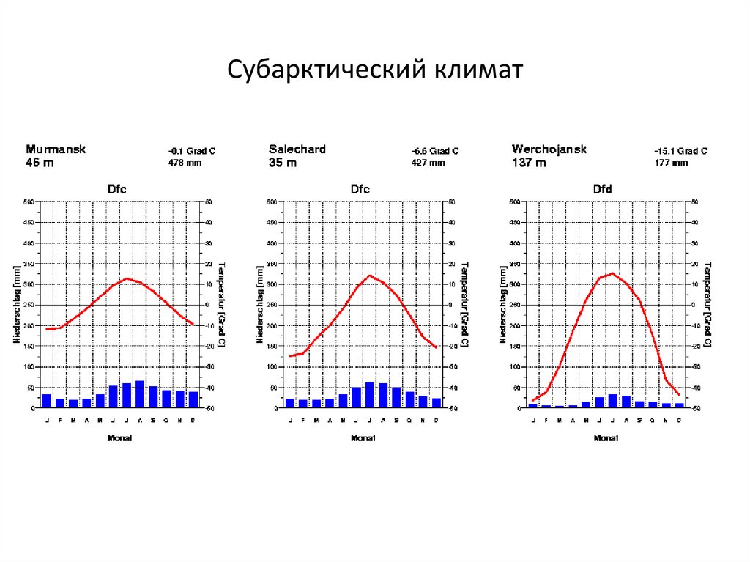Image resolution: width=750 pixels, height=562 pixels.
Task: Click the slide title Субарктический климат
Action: coord(374,70)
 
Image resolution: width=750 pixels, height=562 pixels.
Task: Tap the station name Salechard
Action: coord(297,149)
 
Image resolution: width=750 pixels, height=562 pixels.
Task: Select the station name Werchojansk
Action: coord(549,149)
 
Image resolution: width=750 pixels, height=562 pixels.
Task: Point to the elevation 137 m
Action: coord(529,163)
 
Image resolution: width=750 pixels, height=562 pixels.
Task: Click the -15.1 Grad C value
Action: coord(680,151)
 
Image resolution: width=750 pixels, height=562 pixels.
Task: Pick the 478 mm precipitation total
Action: coord(185,163)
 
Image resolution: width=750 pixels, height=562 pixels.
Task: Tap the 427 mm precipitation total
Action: coord(428,163)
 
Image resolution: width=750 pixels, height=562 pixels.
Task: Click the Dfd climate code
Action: coord(602,189)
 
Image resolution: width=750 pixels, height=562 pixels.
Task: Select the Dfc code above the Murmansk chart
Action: coord(116,189)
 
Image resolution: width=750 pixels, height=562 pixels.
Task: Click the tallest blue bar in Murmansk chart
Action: coord(140,394)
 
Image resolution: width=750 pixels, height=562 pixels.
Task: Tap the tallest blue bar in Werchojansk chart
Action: coord(613,400)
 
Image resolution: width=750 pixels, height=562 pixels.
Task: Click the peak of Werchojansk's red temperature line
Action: coord(612,273)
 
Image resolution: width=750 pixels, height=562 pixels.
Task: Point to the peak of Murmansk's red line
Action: coord(127,278)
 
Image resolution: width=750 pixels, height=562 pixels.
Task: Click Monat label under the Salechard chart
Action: coord(363,437)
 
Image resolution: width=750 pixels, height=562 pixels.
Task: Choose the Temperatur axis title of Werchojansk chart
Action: coord(706,303)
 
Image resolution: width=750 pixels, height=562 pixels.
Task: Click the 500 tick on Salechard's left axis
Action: coord(271,201)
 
